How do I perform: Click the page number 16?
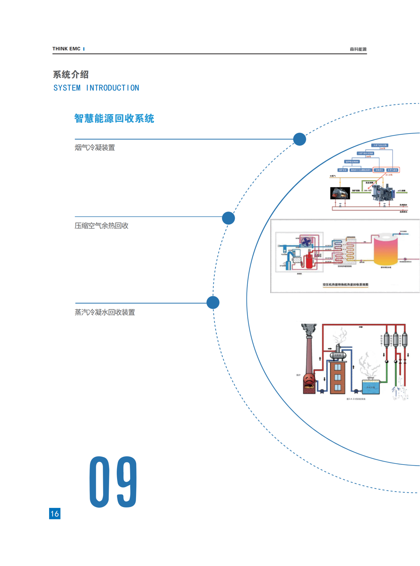(x=55, y=513)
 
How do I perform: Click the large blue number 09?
(x=113, y=482)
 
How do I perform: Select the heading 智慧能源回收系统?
(x=114, y=119)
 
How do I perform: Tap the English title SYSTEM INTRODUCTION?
(x=96, y=88)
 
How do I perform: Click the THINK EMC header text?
(x=66, y=49)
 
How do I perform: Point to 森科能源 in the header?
(x=358, y=49)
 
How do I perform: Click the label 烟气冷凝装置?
(x=95, y=147)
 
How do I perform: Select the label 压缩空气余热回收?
(x=101, y=226)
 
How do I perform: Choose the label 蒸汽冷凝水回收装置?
(x=105, y=312)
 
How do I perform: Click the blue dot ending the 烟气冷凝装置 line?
(x=300, y=139)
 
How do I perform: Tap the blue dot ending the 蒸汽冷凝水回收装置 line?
(x=213, y=302)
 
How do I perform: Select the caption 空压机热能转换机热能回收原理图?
(x=345, y=284)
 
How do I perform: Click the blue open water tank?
(x=371, y=387)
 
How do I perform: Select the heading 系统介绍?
(x=71, y=75)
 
